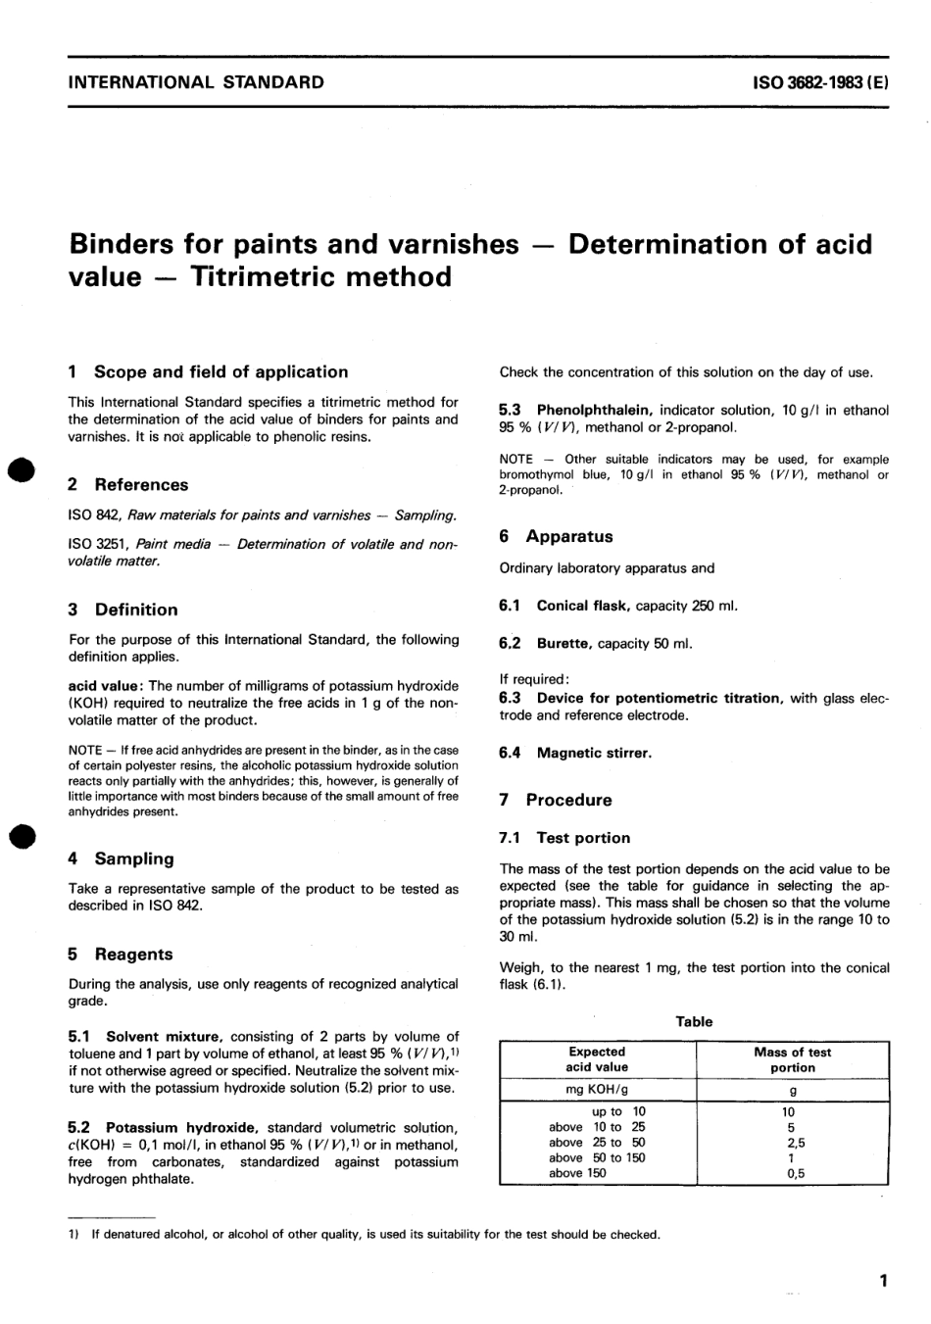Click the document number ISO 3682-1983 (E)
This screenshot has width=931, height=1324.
tap(820, 82)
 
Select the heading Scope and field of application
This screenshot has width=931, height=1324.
tap(220, 371)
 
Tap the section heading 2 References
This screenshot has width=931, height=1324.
tap(128, 484)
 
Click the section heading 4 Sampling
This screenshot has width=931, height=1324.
tap(122, 858)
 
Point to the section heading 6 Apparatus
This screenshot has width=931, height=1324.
tap(556, 536)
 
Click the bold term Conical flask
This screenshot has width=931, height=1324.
tap(583, 606)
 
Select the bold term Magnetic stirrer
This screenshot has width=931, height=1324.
tap(594, 753)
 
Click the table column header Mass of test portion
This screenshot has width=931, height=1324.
tap(792, 1059)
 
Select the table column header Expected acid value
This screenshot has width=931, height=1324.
tap(597, 1059)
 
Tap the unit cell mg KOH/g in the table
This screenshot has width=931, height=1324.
tap(597, 1090)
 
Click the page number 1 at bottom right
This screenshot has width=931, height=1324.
tap(883, 1280)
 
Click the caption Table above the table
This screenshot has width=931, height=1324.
tap(694, 1021)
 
